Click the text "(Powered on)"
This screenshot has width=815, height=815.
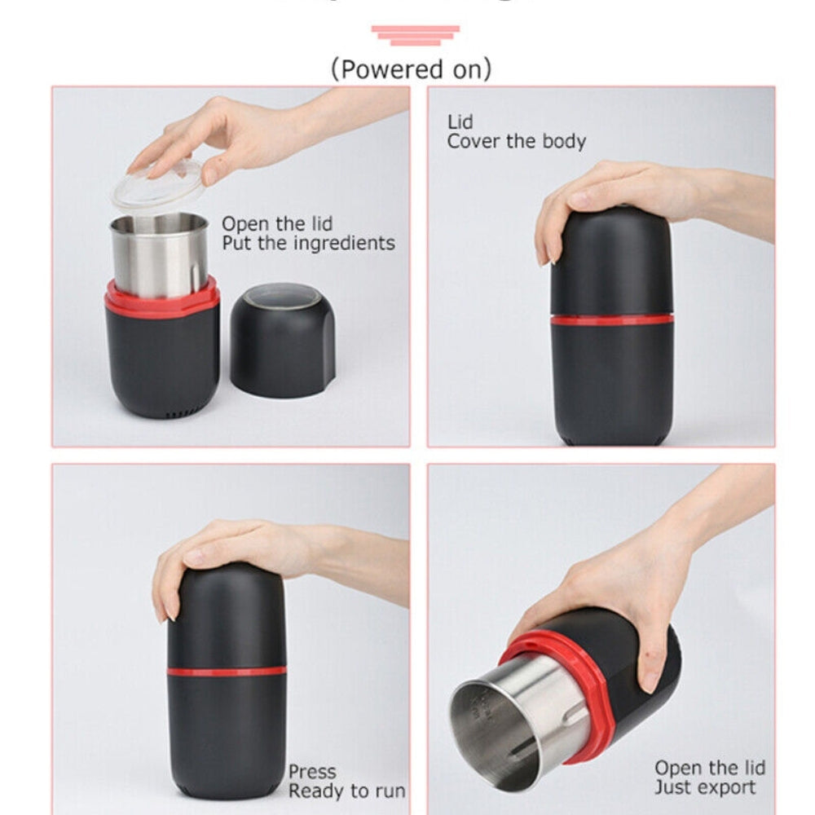point(411,69)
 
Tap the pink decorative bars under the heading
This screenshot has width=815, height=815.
point(415,35)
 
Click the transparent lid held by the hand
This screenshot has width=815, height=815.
point(159,186)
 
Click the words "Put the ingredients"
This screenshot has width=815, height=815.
point(308,243)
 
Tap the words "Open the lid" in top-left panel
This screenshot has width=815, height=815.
point(277,223)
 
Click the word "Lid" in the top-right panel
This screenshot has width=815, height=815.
point(460,122)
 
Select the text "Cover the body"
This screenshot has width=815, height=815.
point(516,141)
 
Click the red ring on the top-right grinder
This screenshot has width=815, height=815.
point(612,319)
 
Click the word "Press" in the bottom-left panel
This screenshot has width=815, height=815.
point(311,771)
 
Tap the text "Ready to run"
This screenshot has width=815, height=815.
point(346,791)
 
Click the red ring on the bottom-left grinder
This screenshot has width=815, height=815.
point(227,672)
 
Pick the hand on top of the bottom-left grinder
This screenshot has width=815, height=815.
point(236,554)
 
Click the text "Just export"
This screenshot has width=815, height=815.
point(705,788)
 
